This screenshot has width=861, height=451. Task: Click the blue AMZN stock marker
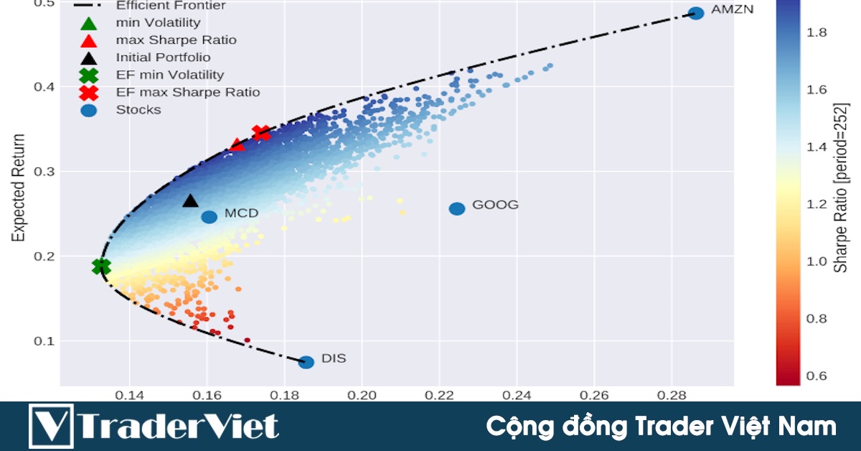pyautogui.click(x=695, y=13)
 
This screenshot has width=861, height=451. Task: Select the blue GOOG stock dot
pyautogui.click(x=457, y=208)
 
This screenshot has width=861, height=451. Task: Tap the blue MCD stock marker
pyautogui.click(x=209, y=217)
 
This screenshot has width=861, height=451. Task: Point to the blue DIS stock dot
pyautogui.click(x=306, y=362)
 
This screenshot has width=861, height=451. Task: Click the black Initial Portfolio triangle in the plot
pyautogui.click(x=190, y=201)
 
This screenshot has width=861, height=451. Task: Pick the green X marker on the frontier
pyautogui.click(x=102, y=266)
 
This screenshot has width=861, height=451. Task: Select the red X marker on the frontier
pyautogui.click(x=261, y=133)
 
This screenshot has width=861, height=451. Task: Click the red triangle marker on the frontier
pyautogui.click(x=237, y=146)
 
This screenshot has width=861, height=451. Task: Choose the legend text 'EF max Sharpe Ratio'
pyautogui.click(x=187, y=93)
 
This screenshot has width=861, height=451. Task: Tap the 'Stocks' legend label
pyautogui.click(x=138, y=110)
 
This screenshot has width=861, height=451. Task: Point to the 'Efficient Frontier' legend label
pyautogui.click(x=171, y=6)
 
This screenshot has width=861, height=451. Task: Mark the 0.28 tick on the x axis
pyautogui.click(x=672, y=394)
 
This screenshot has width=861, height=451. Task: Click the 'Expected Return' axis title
pyautogui.click(x=19, y=187)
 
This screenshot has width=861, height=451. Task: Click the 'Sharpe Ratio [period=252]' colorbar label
pyautogui.click(x=841, y=187)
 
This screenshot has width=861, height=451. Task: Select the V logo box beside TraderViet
pyautogui.click(x=51, y=426)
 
